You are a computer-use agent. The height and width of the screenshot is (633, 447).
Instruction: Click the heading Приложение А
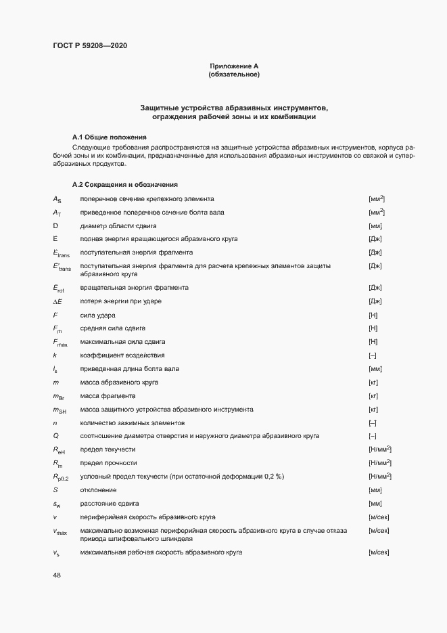pyautogui.click(x=234, y=66)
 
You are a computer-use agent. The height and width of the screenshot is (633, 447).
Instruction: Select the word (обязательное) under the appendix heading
pyautogui.click(x=234, y=74)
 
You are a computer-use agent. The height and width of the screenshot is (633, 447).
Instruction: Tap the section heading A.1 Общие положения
pyautogui.click(x=109, y=137)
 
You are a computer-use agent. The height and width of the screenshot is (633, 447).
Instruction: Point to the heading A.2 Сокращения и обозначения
pyautogui.click(x=125, y=185)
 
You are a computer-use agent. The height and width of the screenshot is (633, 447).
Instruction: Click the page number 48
pyautogui.click(x=56, y=575)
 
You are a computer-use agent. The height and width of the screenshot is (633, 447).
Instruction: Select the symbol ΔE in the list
pyautogui.click(x=57, y=301)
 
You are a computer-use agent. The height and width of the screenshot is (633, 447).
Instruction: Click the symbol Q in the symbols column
pyautogui.click(x=56, y=435)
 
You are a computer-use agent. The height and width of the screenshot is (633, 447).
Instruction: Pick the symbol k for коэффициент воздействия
pyautogui.click(x=55, y=355)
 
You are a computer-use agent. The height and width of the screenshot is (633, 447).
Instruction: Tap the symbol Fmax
pyautogui.click(x=60, y=342)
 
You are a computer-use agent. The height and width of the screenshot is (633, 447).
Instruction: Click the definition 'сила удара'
pyautogui.click(x=98, y=315)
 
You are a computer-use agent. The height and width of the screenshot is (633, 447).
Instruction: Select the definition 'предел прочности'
pyautogui.click(x=108, y=462)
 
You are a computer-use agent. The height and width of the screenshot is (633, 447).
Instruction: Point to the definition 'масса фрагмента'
pyautogui.click(x=108, y=395)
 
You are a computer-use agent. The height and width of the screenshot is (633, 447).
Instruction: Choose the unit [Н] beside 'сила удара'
pyautogui.click(x=373, y=315)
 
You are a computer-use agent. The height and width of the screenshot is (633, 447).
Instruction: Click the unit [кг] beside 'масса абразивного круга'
pyautogui.click(x=373, y=382)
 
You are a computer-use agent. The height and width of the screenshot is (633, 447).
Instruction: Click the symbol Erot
pyautogui.click(x=59, y=288)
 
